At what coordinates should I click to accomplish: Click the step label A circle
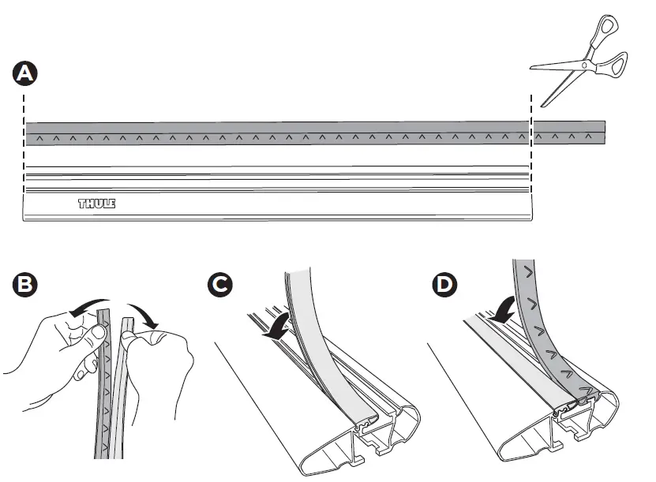24,74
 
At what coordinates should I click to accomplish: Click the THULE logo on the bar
96,204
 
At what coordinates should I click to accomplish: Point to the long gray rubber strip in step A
276,133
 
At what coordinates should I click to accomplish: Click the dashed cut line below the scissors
531,158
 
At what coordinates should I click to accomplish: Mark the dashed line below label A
25,158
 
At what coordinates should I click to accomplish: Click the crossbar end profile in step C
371,426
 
